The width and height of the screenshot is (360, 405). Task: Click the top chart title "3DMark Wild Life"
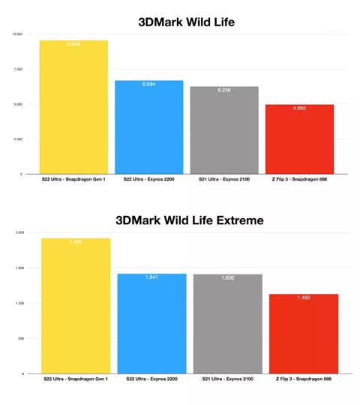[x=186, y=22]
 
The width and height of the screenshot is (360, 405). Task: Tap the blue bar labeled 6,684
[x=148, y=127]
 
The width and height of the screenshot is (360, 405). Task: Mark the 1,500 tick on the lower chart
[x=19, y=268]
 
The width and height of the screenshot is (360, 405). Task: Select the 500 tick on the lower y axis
[x=21, y=338]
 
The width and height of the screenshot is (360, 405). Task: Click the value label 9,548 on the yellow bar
[x=73, y=44]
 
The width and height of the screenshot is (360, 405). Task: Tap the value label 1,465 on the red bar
[x=303, y=298]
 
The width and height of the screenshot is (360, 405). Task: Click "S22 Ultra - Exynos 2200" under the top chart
[x=148, y=180]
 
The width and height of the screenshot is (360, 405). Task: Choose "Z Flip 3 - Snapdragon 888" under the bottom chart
[x=303, y=379]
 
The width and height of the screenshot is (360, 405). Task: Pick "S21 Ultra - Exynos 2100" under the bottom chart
[x=227, y=379]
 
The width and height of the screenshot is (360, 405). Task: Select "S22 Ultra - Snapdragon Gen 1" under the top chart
[x=73, y=180]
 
